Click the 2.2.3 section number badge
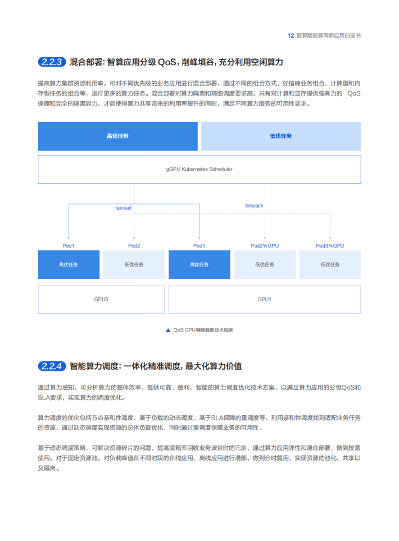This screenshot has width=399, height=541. click(x=52, y=62)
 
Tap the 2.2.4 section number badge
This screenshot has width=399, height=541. click(x=52, y=366)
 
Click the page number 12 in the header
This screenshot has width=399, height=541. click(x=291, y=35)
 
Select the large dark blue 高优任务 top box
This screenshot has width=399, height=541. click(x=117, y=136)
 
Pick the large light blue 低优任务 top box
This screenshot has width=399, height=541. click(x=281, y=136)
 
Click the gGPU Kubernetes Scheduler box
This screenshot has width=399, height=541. click(x=199, y=169)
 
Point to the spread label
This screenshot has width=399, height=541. click(x=124, y=208)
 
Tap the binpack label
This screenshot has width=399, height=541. click(x=254, y=206)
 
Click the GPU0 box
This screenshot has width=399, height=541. click(x=101, y=299)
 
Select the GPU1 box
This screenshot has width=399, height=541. click(x=265, y=299)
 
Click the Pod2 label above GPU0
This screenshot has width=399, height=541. click(x=134, y=246)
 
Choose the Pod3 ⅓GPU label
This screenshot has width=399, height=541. click(x=330, y=246)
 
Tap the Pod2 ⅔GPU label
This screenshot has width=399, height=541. click(x=265, y=246)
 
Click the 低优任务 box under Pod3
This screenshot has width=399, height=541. click(x=330, y=265)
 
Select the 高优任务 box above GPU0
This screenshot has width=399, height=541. click(x=69, y=265)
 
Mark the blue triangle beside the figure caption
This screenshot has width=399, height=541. click(x=168, y=330)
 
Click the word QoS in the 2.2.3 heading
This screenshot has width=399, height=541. click(x=167, y=62)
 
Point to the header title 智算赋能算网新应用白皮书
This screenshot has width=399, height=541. click(x=329, y=35)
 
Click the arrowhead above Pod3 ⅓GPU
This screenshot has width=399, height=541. click(x=330, y=238)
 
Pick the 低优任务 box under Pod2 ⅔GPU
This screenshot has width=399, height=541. click(x=265, y=265)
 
